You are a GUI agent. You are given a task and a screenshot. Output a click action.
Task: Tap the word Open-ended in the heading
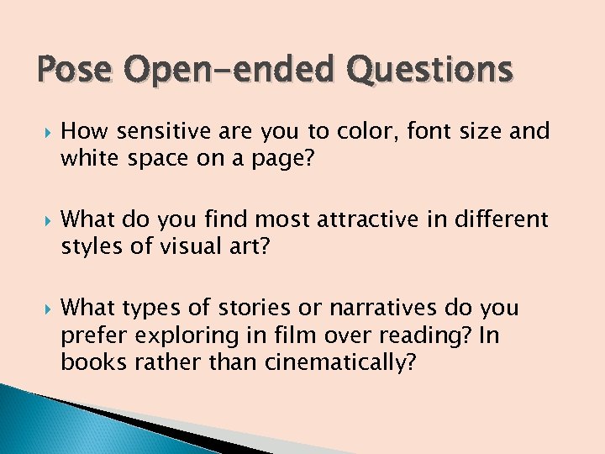tap(224, 70)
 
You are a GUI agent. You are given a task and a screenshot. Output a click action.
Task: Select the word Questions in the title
tap(428, 70)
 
